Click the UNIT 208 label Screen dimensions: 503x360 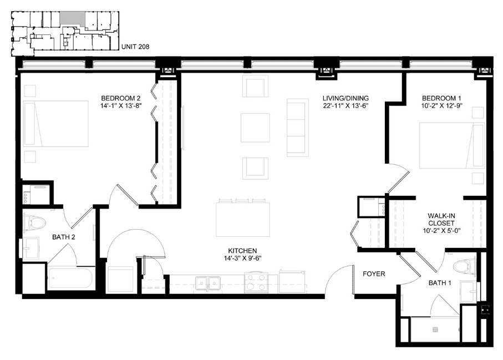tap(135, 47)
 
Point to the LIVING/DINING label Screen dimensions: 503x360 tap(346, 98)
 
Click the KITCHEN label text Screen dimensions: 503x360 tap(242, 251)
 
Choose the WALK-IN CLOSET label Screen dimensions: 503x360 tap(441, 220)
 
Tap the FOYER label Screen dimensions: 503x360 tap(374, 273)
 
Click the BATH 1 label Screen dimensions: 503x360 tap(440, 283)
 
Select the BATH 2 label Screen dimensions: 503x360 tap(64, 237)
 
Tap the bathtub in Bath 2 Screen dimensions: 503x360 tap(71, 278)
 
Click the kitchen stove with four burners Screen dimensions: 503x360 tap(256, 282)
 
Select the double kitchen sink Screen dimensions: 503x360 tap(208, 283)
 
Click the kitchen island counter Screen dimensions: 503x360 tap(242, 219)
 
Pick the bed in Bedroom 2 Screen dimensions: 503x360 tap(55, 124)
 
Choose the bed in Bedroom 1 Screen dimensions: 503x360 tap(451, 145)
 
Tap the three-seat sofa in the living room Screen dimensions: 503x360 tap(298, 128)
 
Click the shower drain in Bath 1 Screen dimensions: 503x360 tap(435, 329)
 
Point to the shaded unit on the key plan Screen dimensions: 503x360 tap(73, 18)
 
